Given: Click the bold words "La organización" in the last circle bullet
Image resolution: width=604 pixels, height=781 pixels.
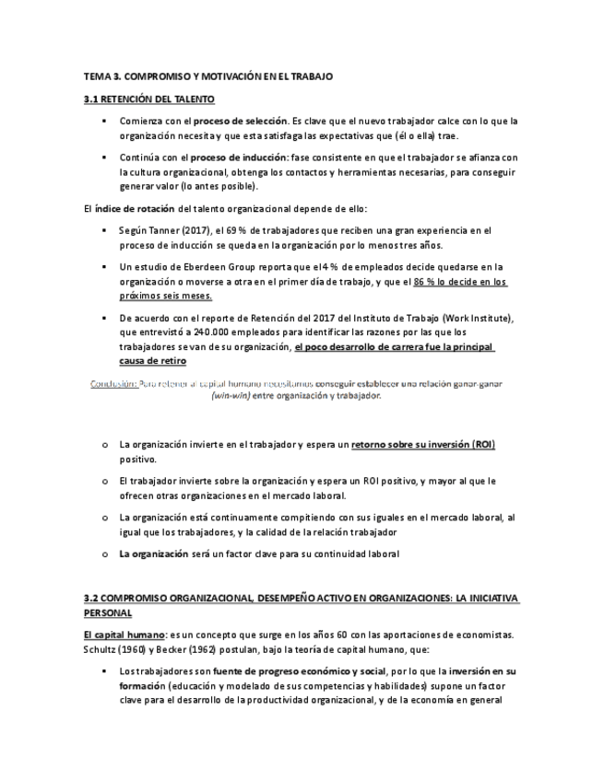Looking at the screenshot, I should (x=154, y=554).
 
